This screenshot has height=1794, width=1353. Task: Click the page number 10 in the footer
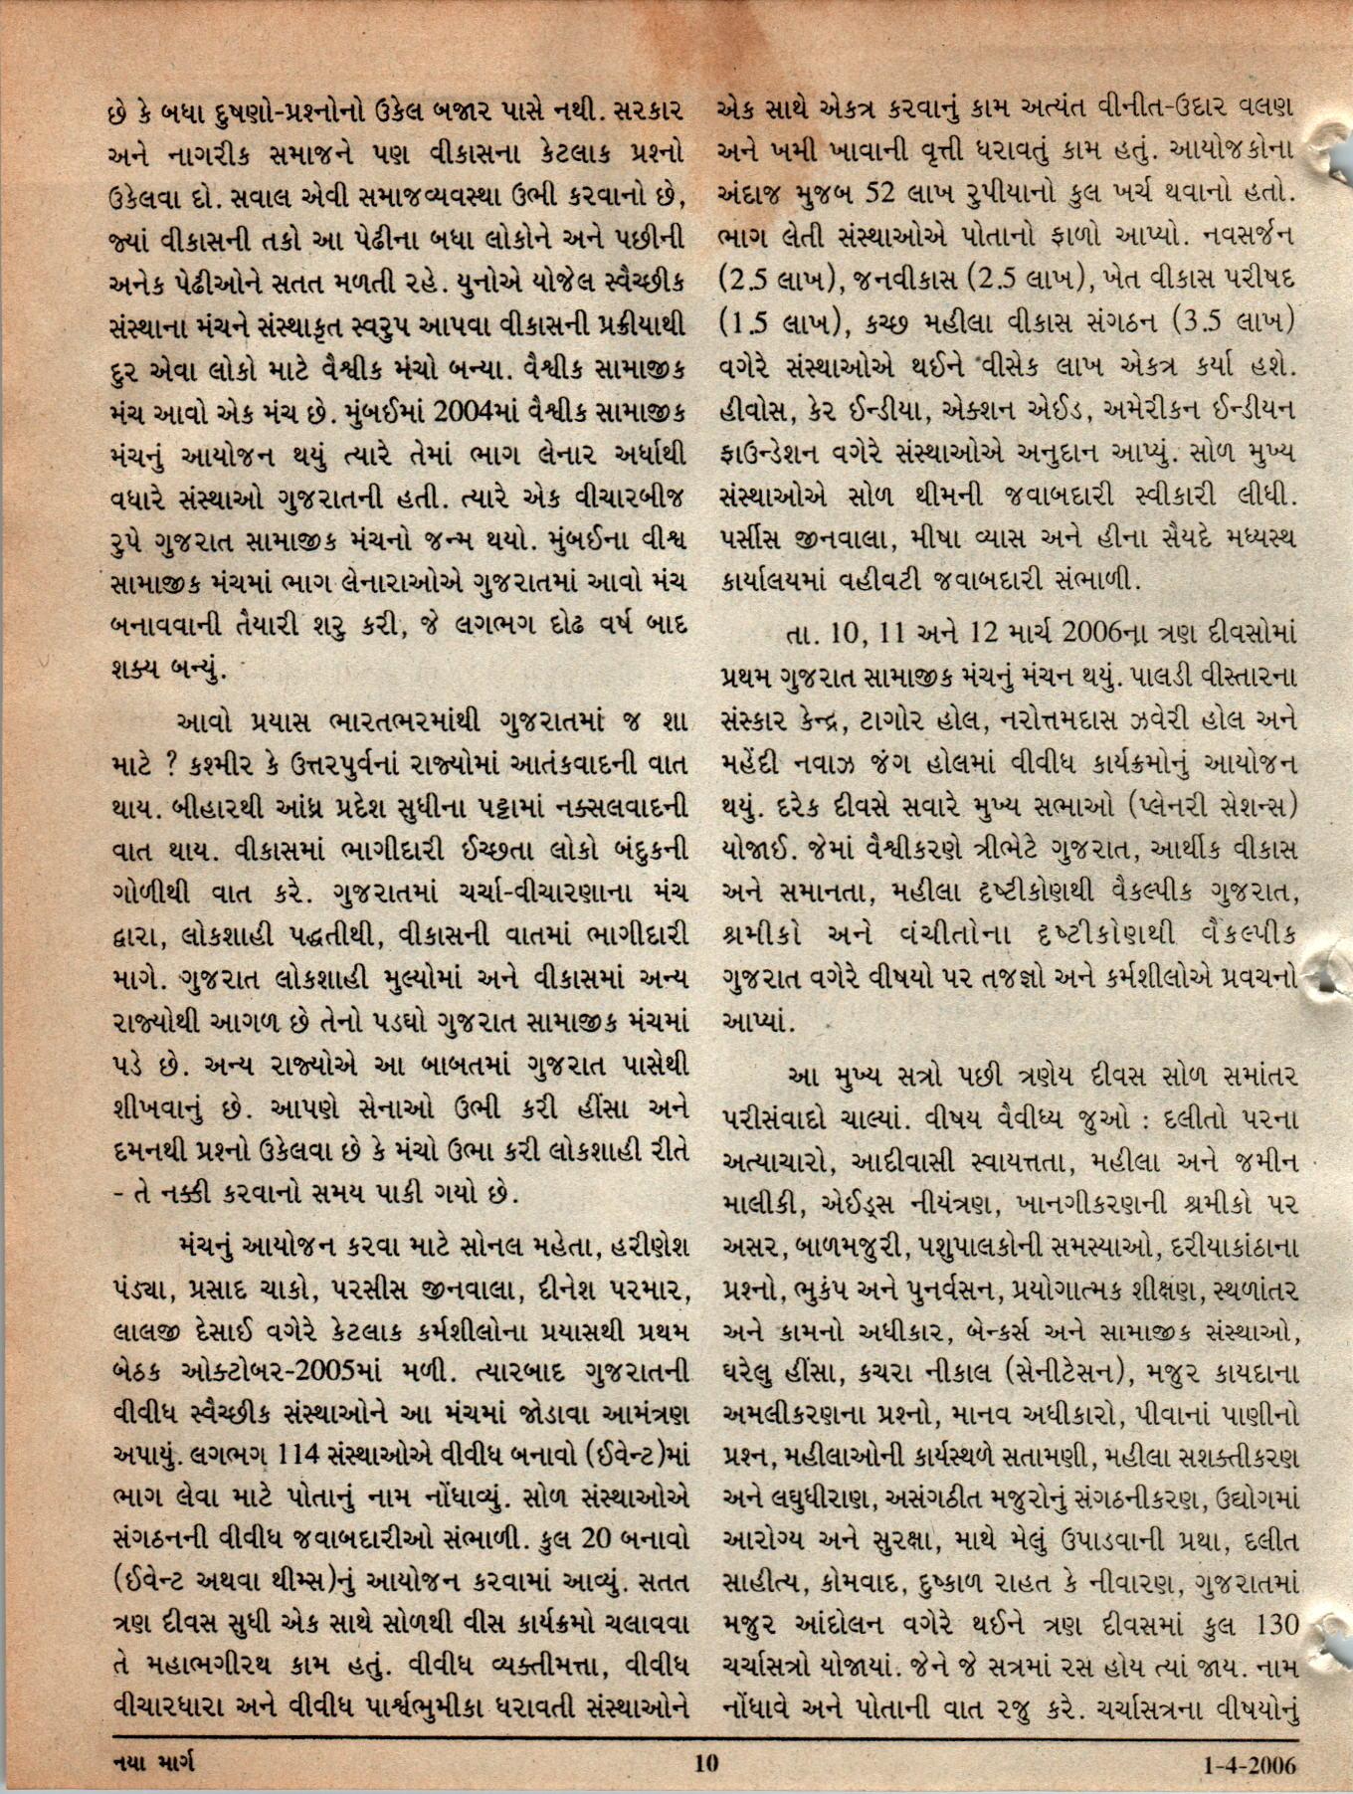(705, 1763)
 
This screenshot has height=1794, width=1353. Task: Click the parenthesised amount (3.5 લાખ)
(1231, 323)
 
